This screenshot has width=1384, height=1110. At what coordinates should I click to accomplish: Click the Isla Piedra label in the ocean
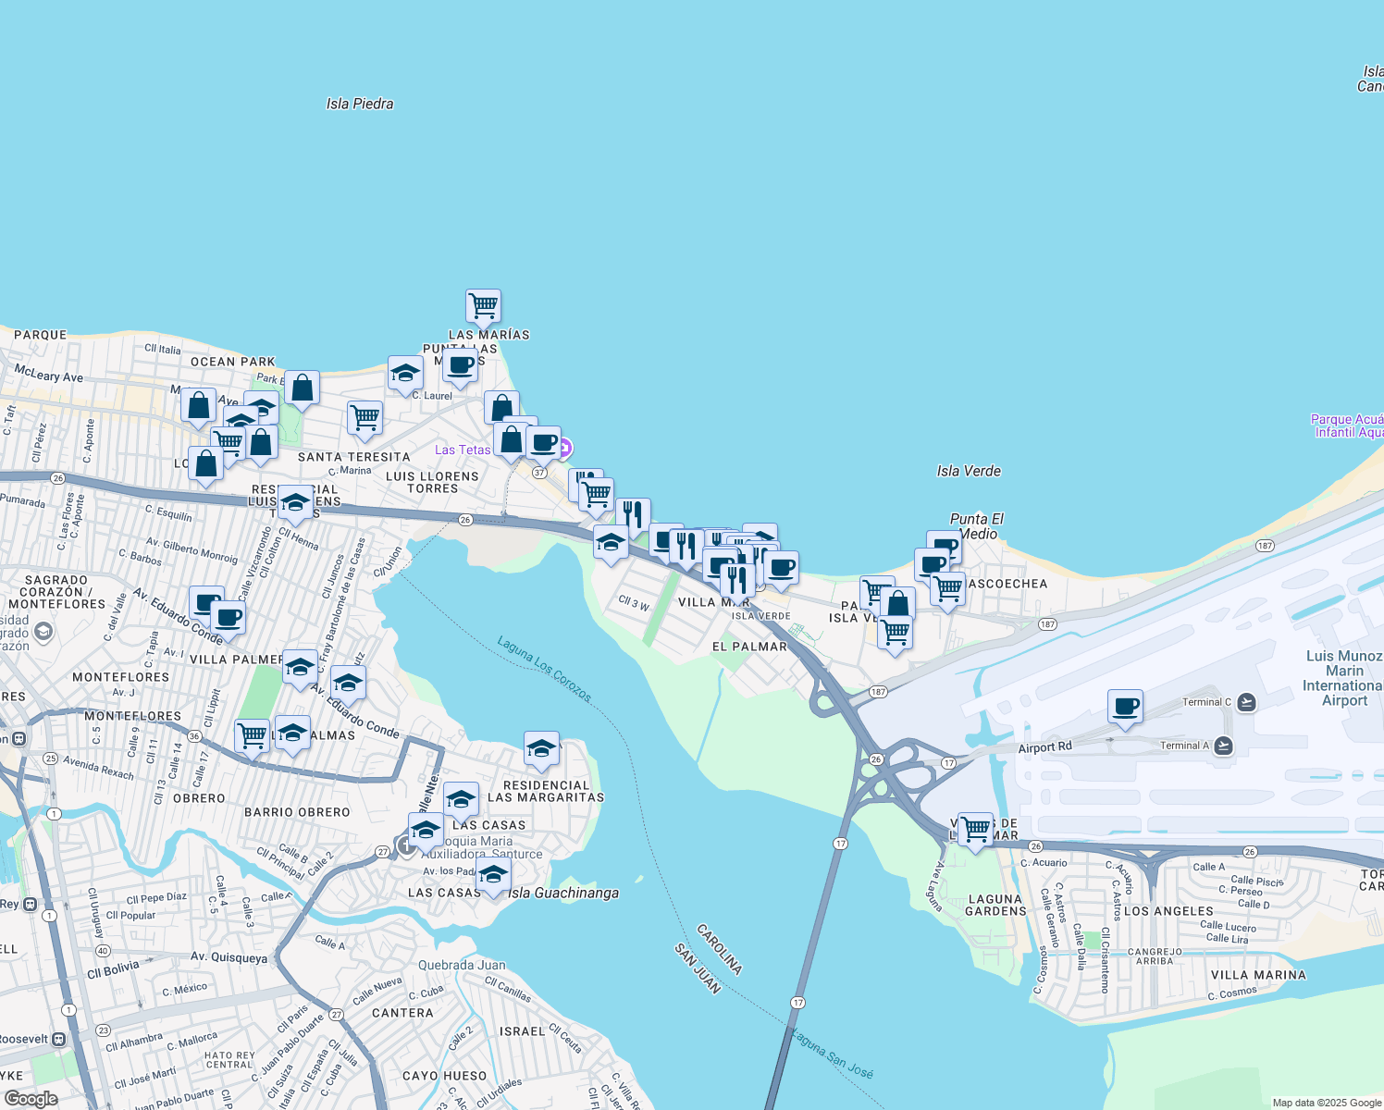pyautogui.click(x=360, y=105)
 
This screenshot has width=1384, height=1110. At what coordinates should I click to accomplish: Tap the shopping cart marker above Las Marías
pyautogui.click(x=483, y=305)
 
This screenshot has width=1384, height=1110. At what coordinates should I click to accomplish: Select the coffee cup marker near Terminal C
pyautogui.click(x=1125, y=708)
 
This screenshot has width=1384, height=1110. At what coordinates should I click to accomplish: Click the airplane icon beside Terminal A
pyautogui.click(x=1223, y=746)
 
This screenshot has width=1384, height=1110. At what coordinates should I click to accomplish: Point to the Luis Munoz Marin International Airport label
pyautogui.click(x=1343, y=678)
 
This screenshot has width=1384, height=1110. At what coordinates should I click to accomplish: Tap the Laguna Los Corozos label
pyautogui.click(x=544, y=669)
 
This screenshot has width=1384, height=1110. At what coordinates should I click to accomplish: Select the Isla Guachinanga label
pyautogui.click(x=563, y=894)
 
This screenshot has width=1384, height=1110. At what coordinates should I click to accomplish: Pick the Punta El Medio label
pyautogui.click(x=977, y=526)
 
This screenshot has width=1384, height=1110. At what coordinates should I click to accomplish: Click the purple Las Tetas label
pyautogui.click(x=463, y=450)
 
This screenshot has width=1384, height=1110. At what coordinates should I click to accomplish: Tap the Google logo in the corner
pyautogui.click(x=31, y=1099)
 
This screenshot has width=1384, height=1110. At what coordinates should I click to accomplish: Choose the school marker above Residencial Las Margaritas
pyautogui.click(x=541, y=749)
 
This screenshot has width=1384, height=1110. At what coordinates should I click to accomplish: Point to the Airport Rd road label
pyautogui.click(x=1044, y=747)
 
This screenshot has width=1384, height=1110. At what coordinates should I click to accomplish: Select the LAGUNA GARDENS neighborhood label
pyautogui.click(x=995, y=905)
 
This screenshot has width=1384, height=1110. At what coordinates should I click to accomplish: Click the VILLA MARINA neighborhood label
pyautogui.click(x=1258, y=975)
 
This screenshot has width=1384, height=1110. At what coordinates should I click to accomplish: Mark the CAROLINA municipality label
pyautogui.click(x=720, y=948)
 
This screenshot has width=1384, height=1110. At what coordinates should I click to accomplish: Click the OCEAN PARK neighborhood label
pyautogui.click(x=232, y=362)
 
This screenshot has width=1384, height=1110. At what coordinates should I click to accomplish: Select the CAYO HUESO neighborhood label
pyautogui.click(x=444, y=1076)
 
